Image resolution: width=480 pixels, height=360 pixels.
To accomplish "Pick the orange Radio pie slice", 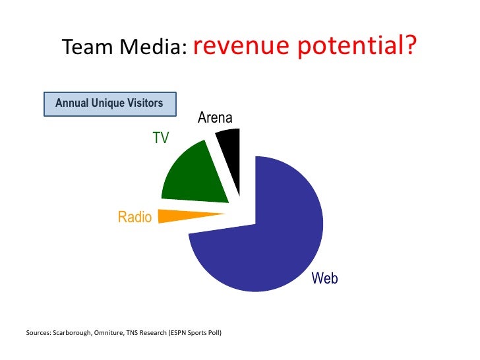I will [x=185, y=216].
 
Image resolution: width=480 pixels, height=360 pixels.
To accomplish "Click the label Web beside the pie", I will [x=324, y=278].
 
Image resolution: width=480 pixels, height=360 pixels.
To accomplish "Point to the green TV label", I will [x=161, y=138].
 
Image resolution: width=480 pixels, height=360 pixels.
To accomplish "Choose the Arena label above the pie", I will [x=215, y=119].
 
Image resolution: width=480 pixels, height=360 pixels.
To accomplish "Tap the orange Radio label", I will [x=135, y=217].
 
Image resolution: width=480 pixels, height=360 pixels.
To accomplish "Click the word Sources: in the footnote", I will [x=37, y=333].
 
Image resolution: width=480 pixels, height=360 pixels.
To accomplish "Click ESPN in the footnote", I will [x=171, y=333].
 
